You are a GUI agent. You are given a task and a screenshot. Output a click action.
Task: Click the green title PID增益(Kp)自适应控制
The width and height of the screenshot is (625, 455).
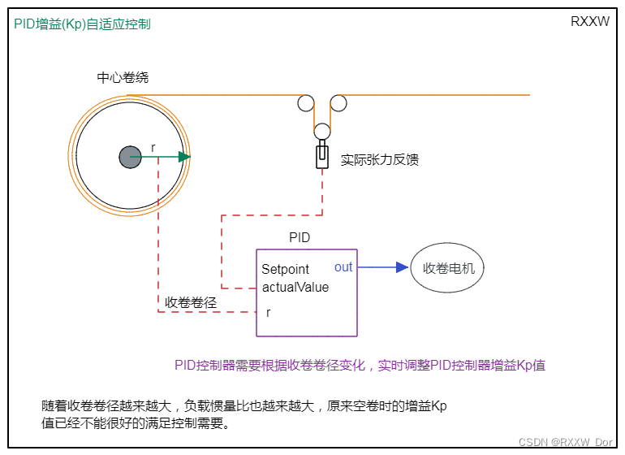pyautogui.click(x=83, y=24)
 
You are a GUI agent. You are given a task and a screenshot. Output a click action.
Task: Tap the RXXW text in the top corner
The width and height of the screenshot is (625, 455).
pyautogui.click(x=590, y=22)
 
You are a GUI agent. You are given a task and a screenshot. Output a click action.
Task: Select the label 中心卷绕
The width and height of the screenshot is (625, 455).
pyautogui.click(x=123, y=78)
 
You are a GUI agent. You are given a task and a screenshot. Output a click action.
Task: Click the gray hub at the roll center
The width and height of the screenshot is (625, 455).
pyautogui.click(x=130, y=157)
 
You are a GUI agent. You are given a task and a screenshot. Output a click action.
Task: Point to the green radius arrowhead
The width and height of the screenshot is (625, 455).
pyautogui.click(x=185, y=157)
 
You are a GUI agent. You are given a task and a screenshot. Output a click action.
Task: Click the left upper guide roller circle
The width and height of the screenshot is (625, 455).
pyautogui.click(x=306, y=103)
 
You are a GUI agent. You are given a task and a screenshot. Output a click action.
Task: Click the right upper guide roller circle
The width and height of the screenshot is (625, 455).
pyautogui.click(x=338, y=103)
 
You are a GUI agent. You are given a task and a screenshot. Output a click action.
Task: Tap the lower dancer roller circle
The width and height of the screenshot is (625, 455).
pyautogui.click(x=322, y=131)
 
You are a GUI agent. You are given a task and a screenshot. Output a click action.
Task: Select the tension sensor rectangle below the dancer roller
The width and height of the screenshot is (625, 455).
pyautogui.click(x=322, y=155)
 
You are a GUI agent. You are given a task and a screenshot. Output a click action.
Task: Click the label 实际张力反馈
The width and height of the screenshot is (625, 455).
pyautogui.click(x=380, y=159)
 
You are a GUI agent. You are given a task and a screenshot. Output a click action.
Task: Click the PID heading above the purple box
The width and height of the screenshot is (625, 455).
pyautogui.click(x=300, y=238)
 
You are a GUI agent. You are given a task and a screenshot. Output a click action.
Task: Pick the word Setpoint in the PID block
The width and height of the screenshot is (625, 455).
pyautogui.click(x=286, y=270)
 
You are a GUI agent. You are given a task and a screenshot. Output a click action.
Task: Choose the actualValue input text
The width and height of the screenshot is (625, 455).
pyautogui.click(x=295, y=288)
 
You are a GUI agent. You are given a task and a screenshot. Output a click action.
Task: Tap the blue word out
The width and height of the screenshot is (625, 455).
pyautogui.click(x=343, y=267)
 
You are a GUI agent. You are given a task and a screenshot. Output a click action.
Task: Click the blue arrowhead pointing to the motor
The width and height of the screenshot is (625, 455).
pyautogui.click(x=402, y=267)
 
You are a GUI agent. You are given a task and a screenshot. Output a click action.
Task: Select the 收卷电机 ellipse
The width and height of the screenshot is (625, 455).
pyautogui.click(x=447, y=267)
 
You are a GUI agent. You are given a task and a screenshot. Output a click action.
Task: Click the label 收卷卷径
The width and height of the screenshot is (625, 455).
pyautogui.click(x=192, y=302)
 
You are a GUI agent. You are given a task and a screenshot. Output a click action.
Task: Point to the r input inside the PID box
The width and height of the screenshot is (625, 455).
pyautogui.click(x=269, y=312)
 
